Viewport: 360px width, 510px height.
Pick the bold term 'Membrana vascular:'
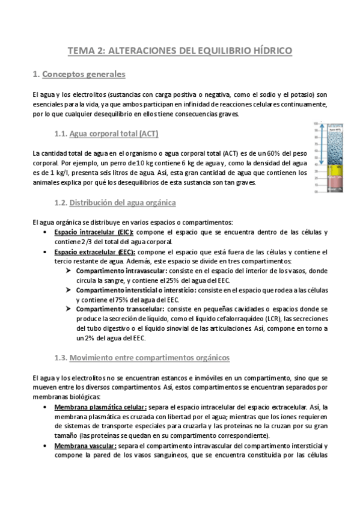[x=82, y=446]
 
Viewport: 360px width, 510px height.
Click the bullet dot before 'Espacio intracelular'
[x=47, y=232]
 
